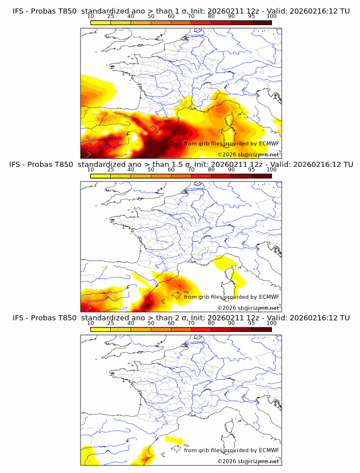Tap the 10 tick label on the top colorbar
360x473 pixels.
tap(90, 17)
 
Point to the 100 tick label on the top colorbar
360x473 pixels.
tap(271, 17)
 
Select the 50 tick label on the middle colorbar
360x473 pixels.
tap(151, 170)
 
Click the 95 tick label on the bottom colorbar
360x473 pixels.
tap(251, 323)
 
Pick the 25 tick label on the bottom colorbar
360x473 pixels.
tap(110, 323)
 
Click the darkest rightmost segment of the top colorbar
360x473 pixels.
tap(262, 22)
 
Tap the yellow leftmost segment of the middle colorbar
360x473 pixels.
tap(101, 175)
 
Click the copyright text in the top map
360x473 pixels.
tap(248, 155)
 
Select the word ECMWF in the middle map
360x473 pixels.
tap(269, 297)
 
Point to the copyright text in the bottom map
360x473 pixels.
tap(248, 461)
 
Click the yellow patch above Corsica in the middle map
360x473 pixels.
tap(225, 263)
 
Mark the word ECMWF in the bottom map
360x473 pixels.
tap(269, 450)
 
